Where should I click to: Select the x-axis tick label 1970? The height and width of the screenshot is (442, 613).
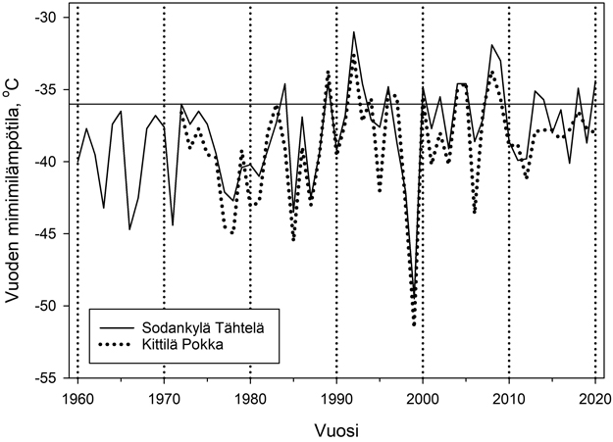[x=164, y=397]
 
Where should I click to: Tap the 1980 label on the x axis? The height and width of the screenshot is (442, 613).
[x=250, y=397]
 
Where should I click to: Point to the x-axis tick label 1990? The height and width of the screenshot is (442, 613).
[x=336, y=397]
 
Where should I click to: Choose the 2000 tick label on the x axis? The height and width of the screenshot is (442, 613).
[x=423, y=397]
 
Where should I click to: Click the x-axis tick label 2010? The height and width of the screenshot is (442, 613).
[x=509, y=397]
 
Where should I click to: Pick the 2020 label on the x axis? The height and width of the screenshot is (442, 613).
[x=595, y=397]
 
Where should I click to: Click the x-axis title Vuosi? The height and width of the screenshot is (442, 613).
[x=335, y=428]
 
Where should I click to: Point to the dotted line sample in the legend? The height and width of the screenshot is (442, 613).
[x=115, y=344]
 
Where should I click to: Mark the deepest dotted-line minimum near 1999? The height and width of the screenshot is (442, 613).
[x=414, y=324]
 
